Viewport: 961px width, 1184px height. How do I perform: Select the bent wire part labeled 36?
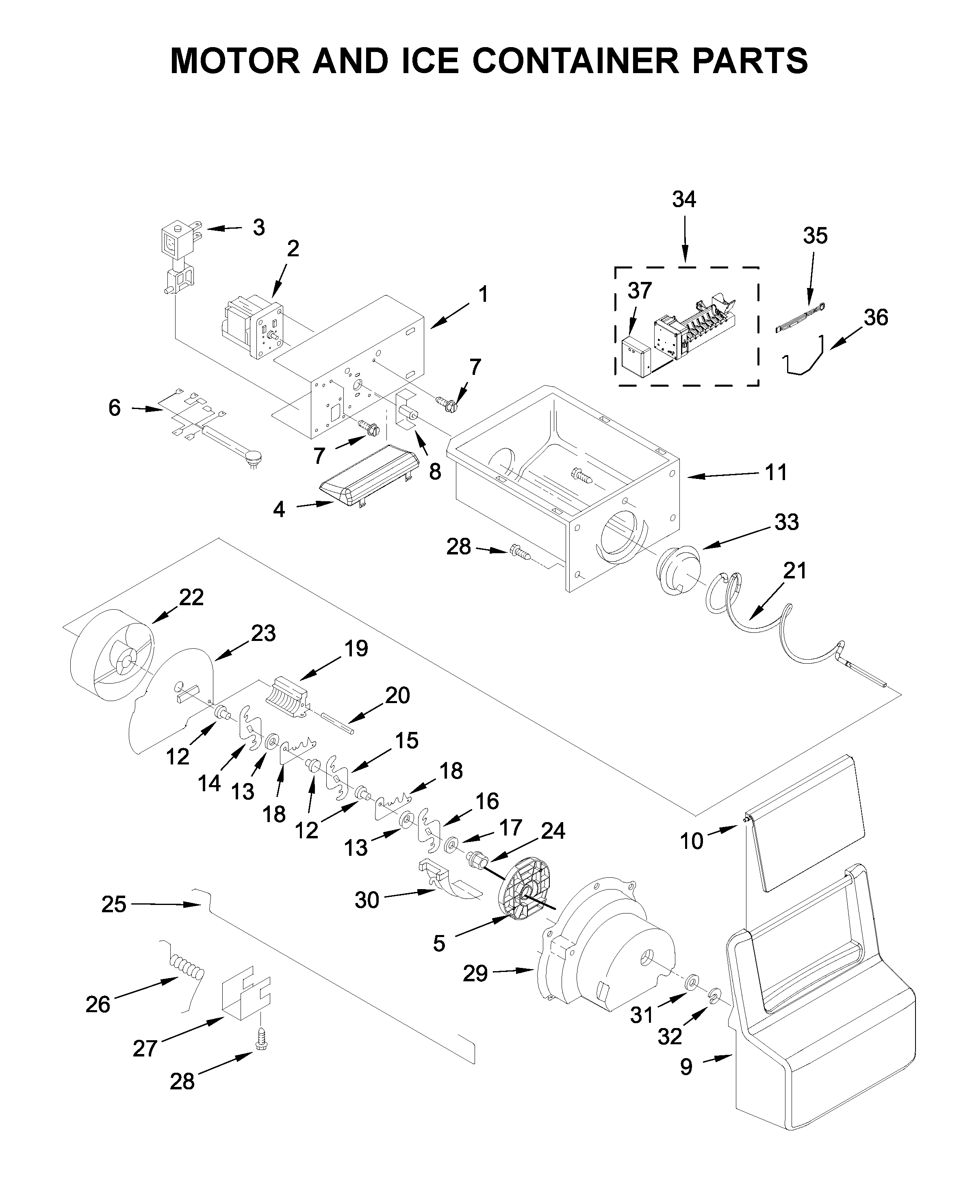(x=805, y=359)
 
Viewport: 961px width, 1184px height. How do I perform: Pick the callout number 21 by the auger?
(x=795, y=570)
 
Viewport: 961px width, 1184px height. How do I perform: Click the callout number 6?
(x=114, y=408)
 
